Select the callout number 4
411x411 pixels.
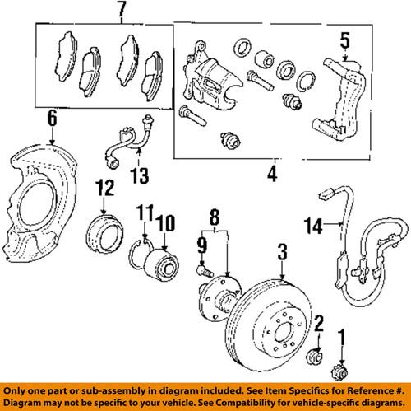click(x=271, y=175)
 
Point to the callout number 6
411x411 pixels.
click(x=51, y=120)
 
